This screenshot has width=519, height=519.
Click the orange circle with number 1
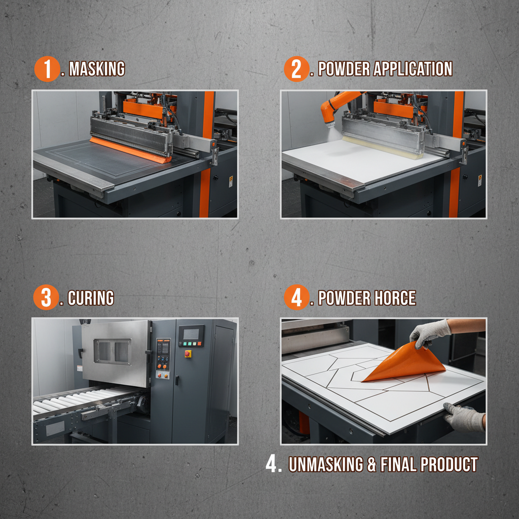click(x=47, y=69)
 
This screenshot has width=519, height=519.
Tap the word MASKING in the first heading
click(x=96, y=69)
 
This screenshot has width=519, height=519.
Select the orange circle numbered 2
click(x=296, y=69)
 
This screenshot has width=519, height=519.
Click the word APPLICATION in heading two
click(x=413, y=69)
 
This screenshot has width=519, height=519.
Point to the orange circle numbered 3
click(x=46, y=298)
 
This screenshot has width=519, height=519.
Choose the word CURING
click(x=91, y=298)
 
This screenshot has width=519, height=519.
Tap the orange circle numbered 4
click(x=296, y=298)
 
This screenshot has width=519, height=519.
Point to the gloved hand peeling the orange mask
click(x=428, y=332)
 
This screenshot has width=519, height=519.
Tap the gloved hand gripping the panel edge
click(x=464, y=417)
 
